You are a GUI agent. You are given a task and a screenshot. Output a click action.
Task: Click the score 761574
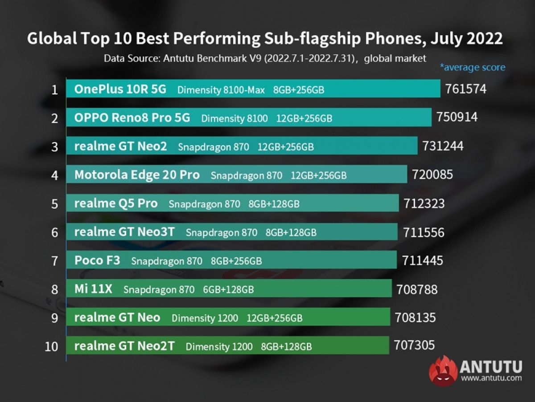(x=466, y=89)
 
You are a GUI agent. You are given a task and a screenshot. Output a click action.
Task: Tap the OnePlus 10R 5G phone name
(x=120, y=89)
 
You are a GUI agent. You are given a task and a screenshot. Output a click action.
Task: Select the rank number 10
(x=51, y=346)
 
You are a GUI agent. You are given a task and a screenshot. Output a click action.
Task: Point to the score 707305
(x=414, y=345)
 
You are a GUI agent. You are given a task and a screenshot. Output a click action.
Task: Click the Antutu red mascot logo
(x=443, y=370)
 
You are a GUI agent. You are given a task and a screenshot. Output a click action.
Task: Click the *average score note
(x=473, y=68)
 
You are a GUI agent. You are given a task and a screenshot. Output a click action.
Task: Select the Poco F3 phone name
(x=97, y=260)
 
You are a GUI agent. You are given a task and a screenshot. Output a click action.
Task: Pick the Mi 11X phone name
(x=93, y=289)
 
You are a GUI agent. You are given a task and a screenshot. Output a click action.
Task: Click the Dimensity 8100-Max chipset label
(x=221, y=90)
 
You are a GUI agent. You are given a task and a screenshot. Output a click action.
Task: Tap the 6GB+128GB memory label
(x=228, y=290)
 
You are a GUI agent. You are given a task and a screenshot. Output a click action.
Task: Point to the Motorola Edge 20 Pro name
(x=137, y=175)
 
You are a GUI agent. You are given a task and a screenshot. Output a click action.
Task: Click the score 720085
(x=432, y=174)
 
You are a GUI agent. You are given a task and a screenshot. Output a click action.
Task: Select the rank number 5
(x=54, y=204)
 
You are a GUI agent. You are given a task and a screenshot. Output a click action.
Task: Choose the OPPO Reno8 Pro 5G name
(x=132, y=118)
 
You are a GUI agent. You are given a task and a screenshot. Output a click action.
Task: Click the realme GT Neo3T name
(x=124, y=232)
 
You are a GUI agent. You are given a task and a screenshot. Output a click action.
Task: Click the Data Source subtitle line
(x=265, y=58)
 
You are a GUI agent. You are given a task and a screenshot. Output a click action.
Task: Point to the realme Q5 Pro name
(x=116, y=203)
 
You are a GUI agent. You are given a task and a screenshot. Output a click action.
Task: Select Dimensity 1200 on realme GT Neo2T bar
(x=219, y=346)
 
